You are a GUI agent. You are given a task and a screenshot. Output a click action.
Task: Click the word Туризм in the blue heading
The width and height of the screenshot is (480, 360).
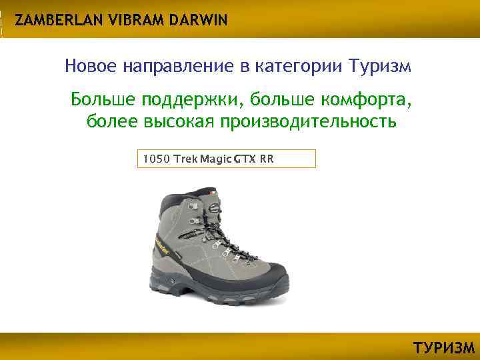(379, 67)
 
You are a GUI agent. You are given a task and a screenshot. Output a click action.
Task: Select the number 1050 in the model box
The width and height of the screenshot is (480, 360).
(155, 159)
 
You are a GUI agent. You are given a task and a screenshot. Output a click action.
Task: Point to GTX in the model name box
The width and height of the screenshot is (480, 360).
(245, 159)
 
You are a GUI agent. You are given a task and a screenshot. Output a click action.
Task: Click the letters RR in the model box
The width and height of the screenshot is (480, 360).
(267, 159)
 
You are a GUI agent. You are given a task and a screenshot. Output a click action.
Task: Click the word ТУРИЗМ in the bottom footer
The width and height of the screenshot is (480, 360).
(444, 348)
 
